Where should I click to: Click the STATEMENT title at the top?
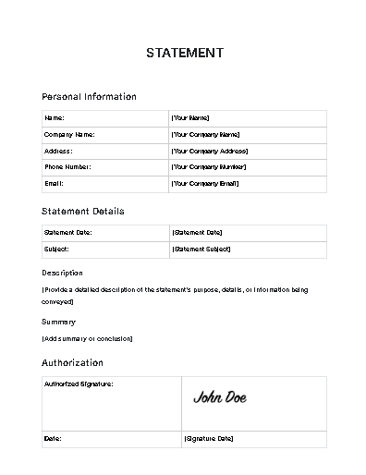[x=184, y=53]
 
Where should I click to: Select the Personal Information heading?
[x=89, y=96]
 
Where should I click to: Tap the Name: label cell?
[x=55, y=118]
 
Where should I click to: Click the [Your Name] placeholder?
[x=190, y=118]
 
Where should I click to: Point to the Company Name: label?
[x=69, y=135]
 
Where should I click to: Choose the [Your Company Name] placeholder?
[x=205, y=135]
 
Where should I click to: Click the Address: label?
[x=58, y=151]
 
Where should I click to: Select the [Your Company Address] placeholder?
[x=209, y=151]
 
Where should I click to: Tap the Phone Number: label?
[x=67, y=167]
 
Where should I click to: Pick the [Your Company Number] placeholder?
[x=208, y=167]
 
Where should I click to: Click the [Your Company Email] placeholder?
[x=204, y=184]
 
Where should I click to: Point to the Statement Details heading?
[x=82, y=212]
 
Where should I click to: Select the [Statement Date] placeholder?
[x=197, y=233]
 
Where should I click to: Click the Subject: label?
[x=57, y=250]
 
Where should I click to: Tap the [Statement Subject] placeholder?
[x=201, y=250]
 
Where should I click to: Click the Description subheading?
[x=62, y=274]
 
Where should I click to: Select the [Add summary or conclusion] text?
[x=87, y=338]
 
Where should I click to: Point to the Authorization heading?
[x=72, y=363]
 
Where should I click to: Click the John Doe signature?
[x=220, y=397]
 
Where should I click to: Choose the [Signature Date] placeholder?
[x=208, y=438]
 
